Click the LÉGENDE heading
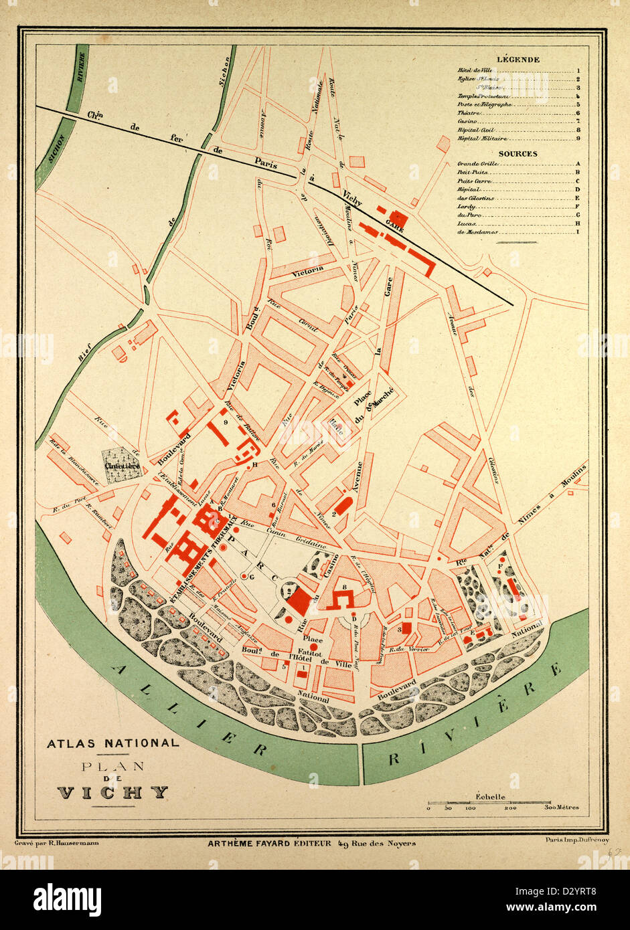coord(519,60)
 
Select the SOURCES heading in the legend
coord(518,153)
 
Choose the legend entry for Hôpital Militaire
coord(482,138)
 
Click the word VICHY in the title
coord(112,793)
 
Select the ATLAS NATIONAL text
coord(112,743)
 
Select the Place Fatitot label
coord(313,644)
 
